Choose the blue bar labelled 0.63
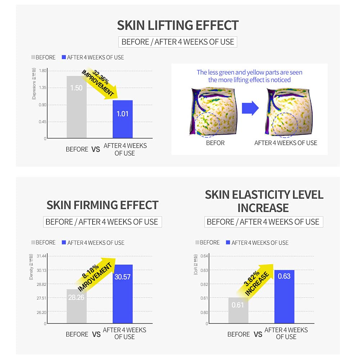(284, 297)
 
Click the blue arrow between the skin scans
(250, 108)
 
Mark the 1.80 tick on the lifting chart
(42, 71)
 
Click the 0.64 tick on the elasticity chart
(204, 256)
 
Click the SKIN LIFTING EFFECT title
(178, 26)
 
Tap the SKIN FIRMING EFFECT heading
(102, 205)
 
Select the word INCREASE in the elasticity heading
(263, 208)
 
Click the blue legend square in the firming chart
(64, 243)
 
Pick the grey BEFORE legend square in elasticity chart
(197, 243)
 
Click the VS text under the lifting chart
(96, 149)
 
